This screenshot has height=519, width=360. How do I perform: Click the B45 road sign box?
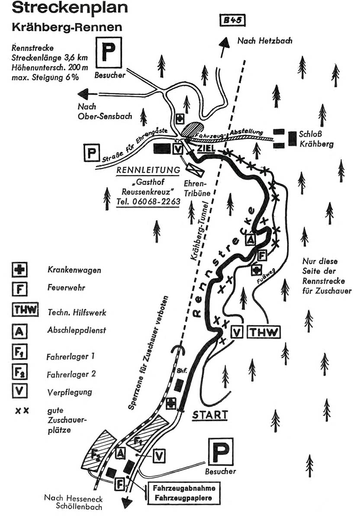[x=232, y=21]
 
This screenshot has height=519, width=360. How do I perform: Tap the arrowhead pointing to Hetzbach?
[x=224, y=43]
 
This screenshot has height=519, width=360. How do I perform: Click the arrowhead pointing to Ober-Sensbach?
[x=84, y=94]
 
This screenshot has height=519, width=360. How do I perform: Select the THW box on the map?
[x=264, y=332]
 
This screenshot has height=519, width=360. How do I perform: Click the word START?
[x=210, y=414]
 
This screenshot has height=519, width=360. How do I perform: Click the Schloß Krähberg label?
[x=316, y=139]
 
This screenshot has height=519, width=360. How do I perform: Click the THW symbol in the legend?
[x=25, y=310]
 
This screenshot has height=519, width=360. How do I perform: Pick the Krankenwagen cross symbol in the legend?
[x=20, y=270]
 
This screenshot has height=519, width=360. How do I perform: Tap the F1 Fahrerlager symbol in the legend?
[x=20, y=352]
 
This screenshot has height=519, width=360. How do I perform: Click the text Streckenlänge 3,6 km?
[x=50, y=58]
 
